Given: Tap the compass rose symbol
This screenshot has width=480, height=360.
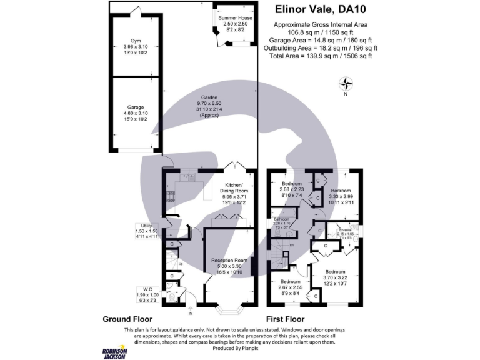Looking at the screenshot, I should coord(345,83).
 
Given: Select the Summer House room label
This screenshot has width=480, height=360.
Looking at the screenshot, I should coord(236,19).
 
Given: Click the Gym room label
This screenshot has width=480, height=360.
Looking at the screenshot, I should coord(136,40).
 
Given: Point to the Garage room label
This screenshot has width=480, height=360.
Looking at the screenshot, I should coord(136,107).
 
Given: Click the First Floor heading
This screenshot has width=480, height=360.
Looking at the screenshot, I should coord(286,319).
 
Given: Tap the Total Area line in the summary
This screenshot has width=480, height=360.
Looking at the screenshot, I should coord(321,56).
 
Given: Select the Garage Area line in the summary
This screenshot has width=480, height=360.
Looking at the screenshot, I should coord(321,40).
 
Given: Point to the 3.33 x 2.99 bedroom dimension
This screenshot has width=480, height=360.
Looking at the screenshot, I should coord(341,197).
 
